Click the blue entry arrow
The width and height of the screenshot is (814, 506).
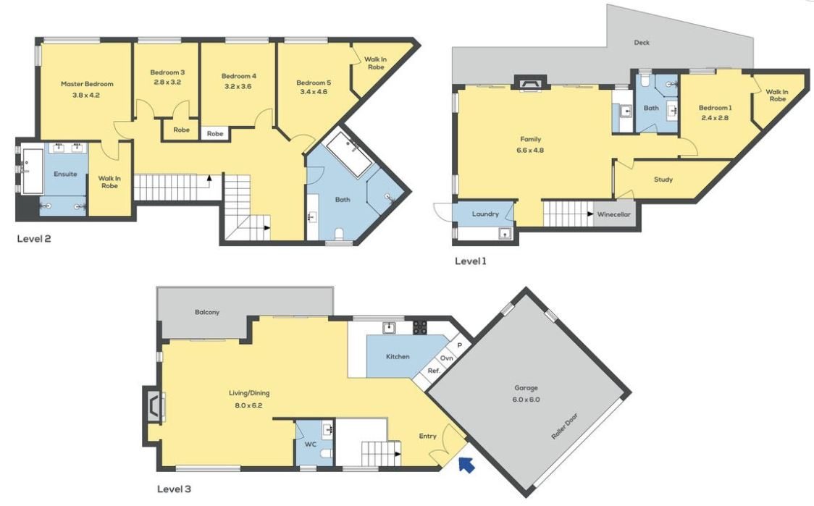(466, 465)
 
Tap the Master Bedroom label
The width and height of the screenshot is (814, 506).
(87, 84)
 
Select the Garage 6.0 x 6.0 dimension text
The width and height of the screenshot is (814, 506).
(526, 400)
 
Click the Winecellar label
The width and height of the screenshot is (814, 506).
(613, 214)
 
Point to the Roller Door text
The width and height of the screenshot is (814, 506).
(564, 426)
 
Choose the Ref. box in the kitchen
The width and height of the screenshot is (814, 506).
(434, 371)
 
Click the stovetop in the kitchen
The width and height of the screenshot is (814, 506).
(420, 327)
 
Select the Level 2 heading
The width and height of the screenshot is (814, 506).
(34, 239)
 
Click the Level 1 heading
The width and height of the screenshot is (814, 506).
(470, 261)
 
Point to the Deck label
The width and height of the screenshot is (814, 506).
(642, 43)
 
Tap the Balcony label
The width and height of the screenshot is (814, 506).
(207, 313)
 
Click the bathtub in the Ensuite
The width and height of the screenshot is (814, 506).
(33, 172)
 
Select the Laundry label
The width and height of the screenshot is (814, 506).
(485, 214)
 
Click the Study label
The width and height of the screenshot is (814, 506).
(663, 180)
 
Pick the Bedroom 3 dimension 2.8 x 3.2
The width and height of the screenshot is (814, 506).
(167, 82)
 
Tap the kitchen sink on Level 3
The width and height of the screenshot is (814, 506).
(389, 327)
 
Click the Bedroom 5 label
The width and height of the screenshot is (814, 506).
(314, 83)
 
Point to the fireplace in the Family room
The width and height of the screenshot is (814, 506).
(531, 83)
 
